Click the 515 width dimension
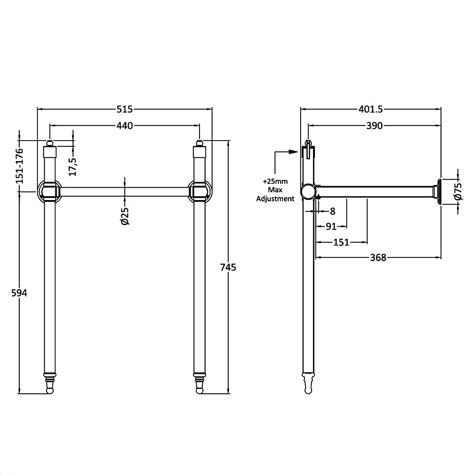[124, 109]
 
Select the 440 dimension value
[124, 125]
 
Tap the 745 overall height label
[228, 267]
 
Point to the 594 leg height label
[19, 293]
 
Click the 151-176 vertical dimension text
[19, 165]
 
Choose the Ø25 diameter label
[124, 216]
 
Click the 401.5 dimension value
[370, 109]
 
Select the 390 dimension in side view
[374, 125]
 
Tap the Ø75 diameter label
[458, 191]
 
